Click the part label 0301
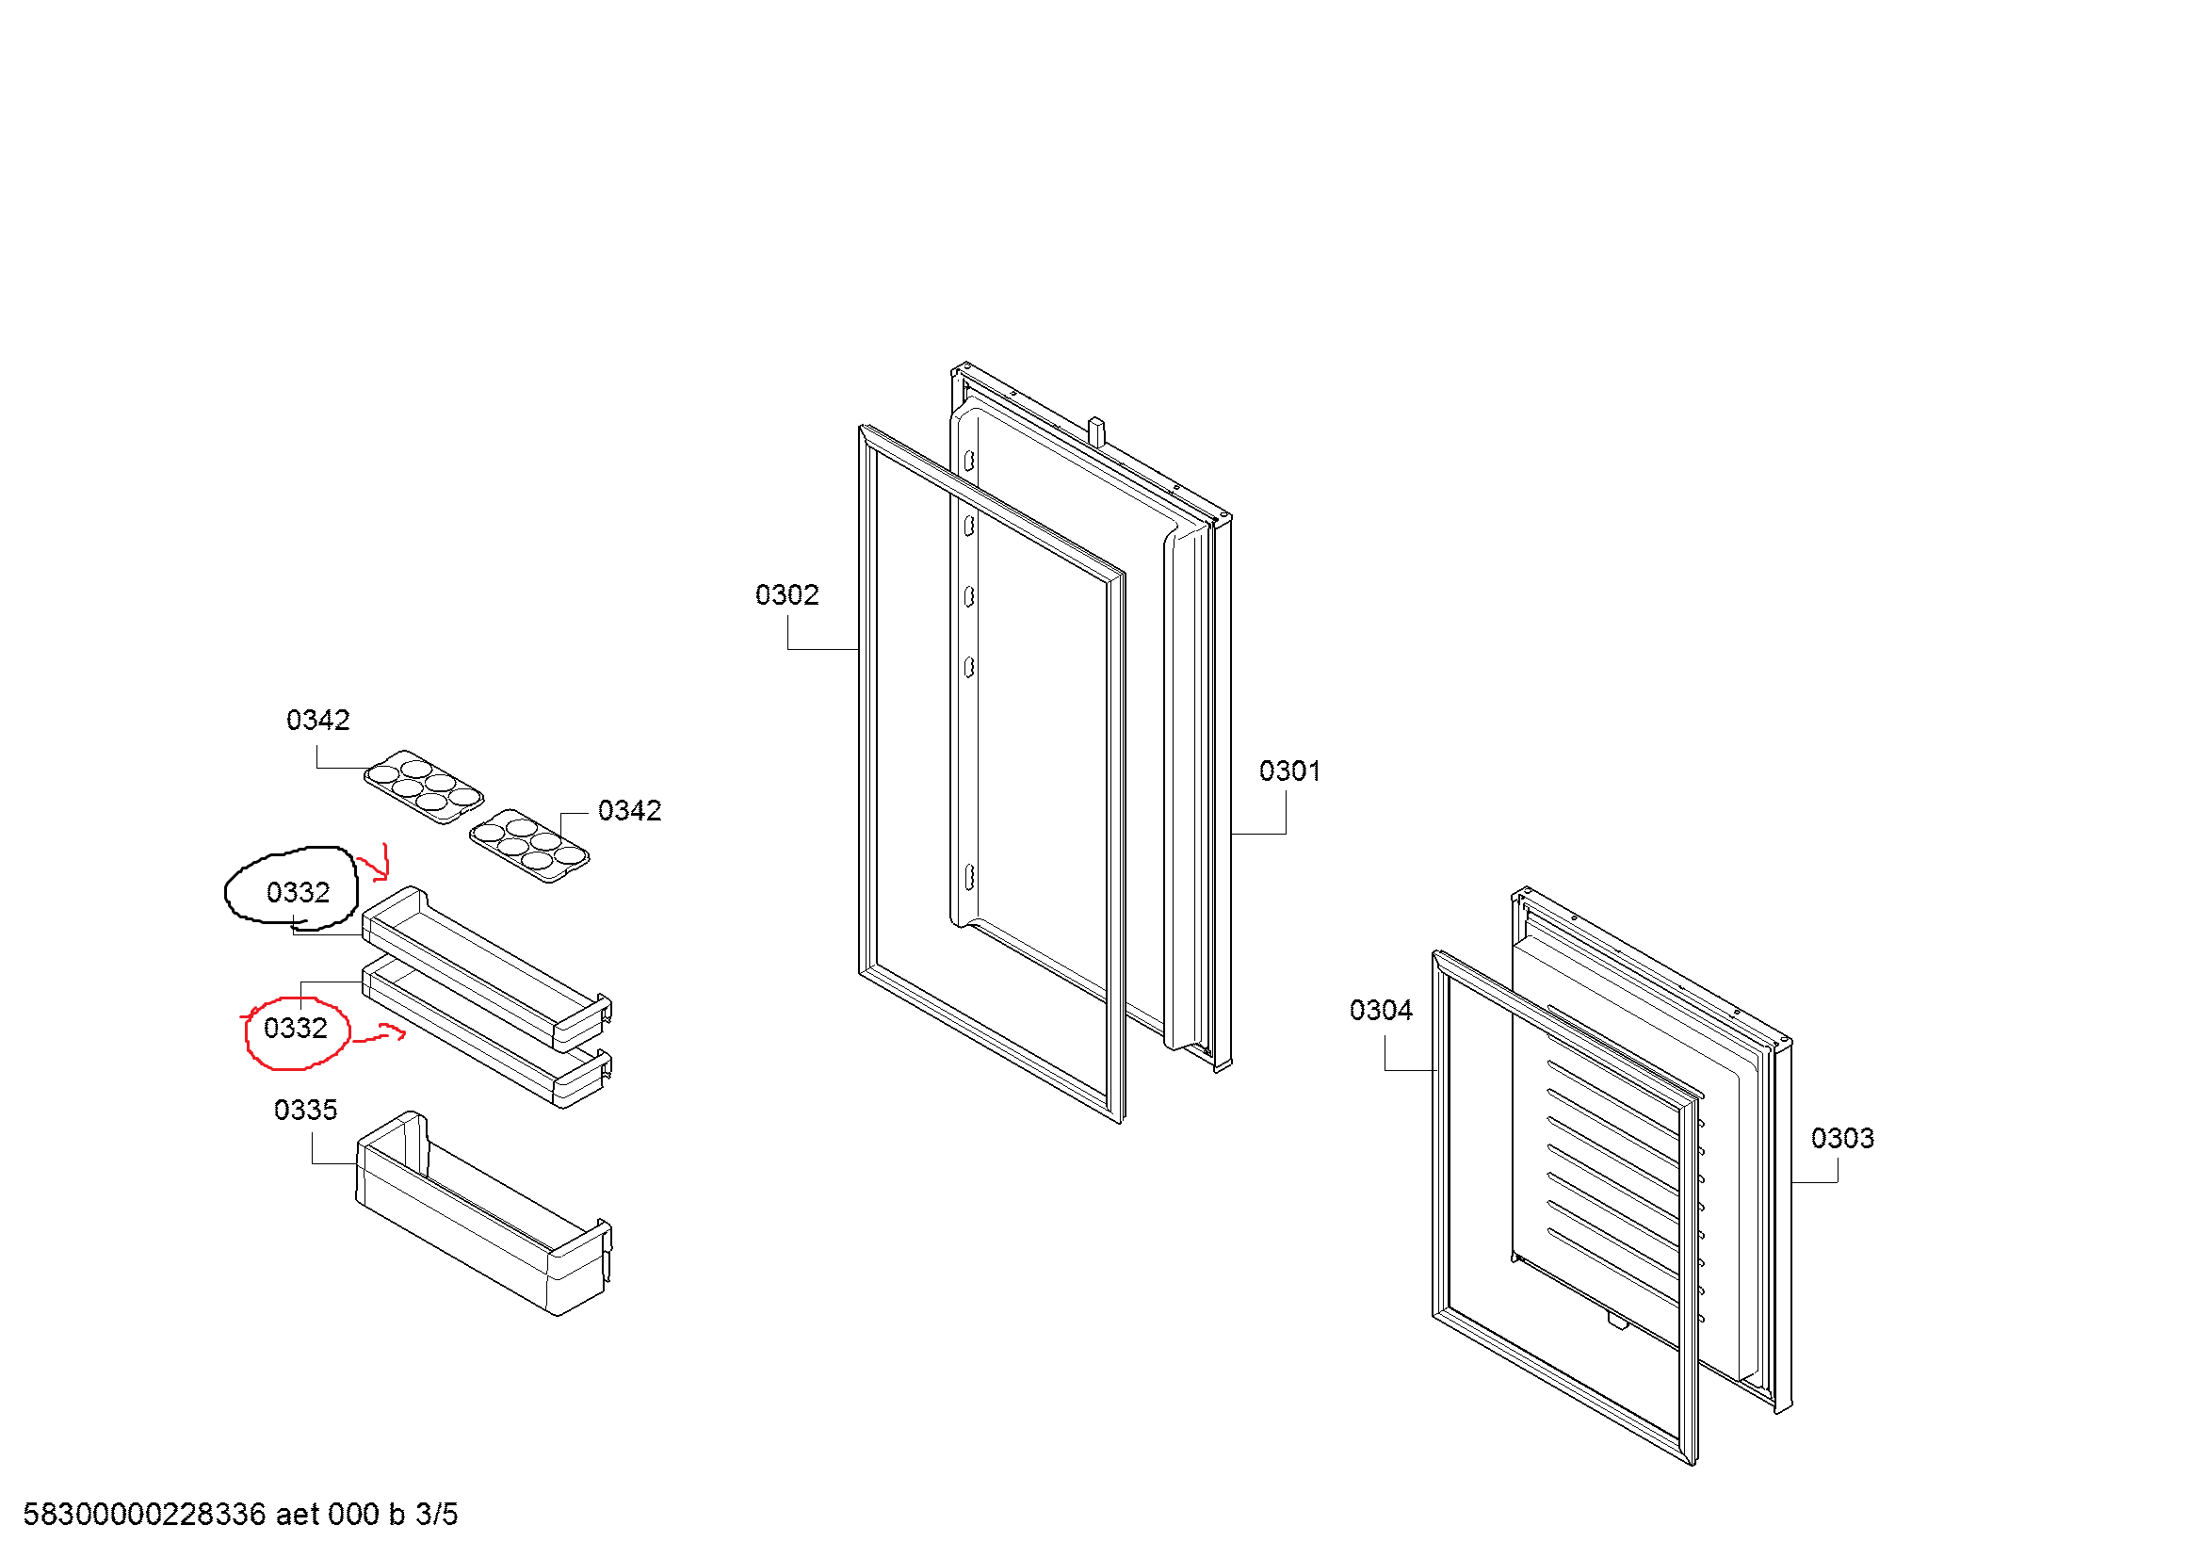(1288, 771)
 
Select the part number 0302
(786, 595)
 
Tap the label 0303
(1842, 1139)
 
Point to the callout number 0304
(1381, 1010)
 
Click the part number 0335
(305, 1110)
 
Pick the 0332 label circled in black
(298, 893)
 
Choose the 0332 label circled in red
(296, 1029)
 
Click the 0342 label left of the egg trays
(317, 721)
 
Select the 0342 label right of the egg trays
(629, 812)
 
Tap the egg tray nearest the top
(423, 787)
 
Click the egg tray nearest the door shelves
(528, 846)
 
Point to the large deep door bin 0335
(484, 1213)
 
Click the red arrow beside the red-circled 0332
(380, 1034)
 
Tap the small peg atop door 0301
(1096, 430)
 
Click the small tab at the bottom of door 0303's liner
(1618, 1323)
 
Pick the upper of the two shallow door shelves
(486, 969)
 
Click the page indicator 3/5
(437, 1515)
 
